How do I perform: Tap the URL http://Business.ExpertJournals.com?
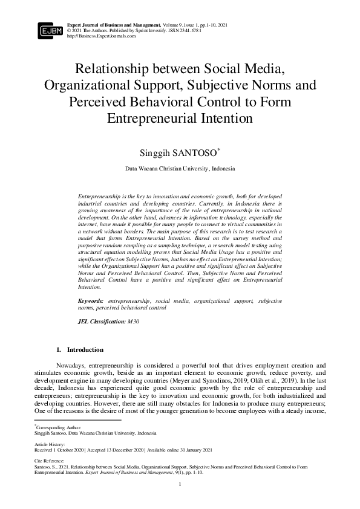102,36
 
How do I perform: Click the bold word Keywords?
90,300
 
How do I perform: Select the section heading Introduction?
85,349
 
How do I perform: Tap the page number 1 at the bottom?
180,485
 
